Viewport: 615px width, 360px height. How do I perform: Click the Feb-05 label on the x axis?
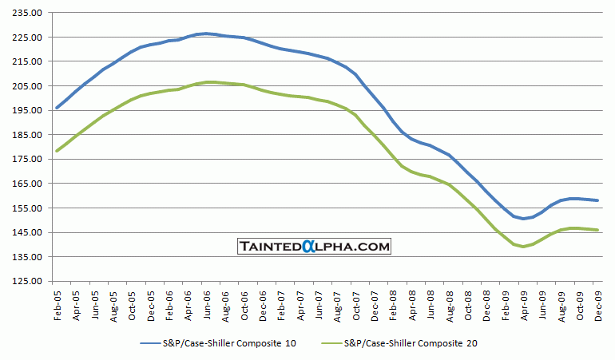point(58,302)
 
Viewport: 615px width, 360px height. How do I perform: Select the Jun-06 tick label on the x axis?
point(205,302)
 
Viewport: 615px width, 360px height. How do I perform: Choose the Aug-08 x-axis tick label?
point(450,302)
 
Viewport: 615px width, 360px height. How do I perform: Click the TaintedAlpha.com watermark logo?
point(314,247)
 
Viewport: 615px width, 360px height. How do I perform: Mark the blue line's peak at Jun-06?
point(205,34)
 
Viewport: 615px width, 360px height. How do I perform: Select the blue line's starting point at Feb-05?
point(56,108)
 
